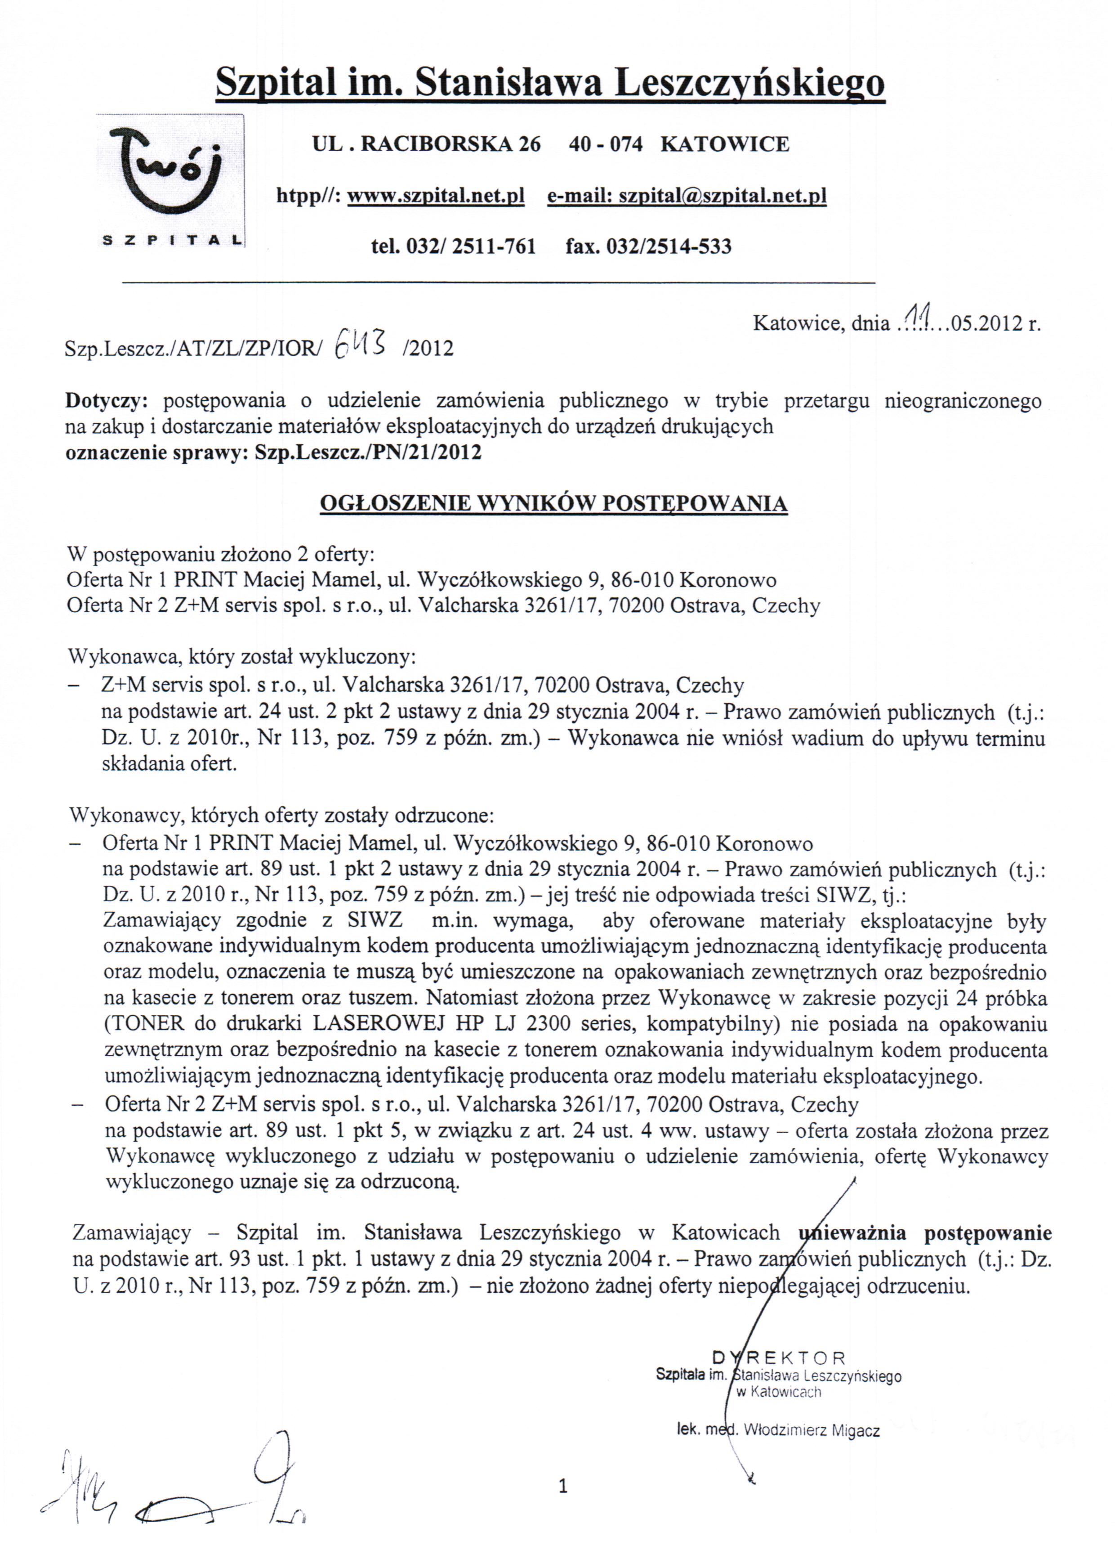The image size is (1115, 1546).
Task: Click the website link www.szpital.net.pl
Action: [436, 196]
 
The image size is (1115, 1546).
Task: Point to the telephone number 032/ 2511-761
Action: [471, 246]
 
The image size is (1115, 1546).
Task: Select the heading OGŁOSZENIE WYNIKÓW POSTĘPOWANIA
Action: [553, 504]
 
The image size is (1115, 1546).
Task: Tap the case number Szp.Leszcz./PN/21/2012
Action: [368, 453]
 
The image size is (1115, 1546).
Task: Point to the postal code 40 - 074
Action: [605, 144]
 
